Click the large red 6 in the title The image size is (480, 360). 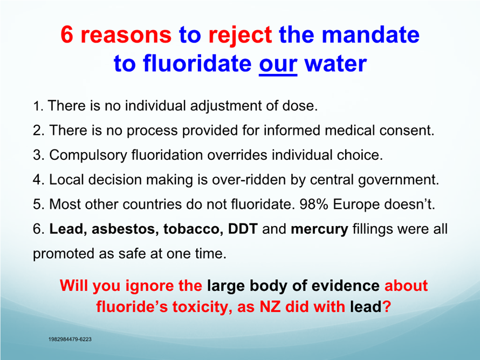click(x=67, y=34)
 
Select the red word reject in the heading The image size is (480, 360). click(x=240, y=35)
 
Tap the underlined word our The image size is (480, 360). click(x=278, y=65)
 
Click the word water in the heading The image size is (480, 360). click(x=335, y=64)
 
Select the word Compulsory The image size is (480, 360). click(x=88, y=155)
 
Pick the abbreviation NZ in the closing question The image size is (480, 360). click(x=270, y=307)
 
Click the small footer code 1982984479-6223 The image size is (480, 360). click(x=70, y=339)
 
